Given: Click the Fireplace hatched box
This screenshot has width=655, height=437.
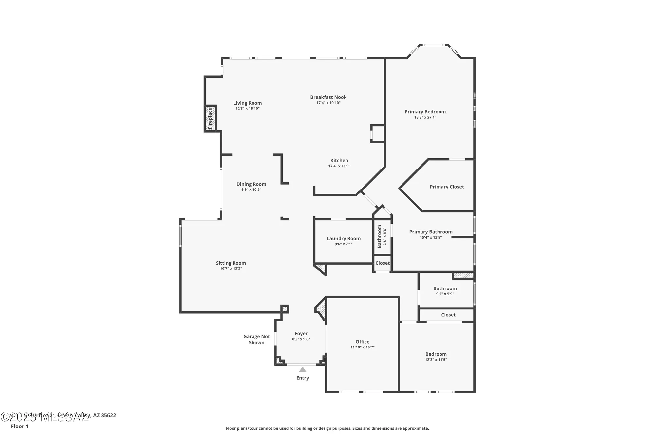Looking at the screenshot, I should coord(210,118).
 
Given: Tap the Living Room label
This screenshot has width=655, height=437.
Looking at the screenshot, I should coord(248,103).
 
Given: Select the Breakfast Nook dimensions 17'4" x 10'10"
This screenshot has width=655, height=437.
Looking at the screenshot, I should coord(328,103).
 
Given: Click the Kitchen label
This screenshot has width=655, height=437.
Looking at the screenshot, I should coord(339,160).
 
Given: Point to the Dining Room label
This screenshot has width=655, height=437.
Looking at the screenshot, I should coord(251,184).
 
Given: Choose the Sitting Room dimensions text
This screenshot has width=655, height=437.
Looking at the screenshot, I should coord(231,268).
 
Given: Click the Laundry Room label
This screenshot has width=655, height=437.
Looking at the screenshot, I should coord(344,238).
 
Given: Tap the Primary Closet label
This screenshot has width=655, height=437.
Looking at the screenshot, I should coord(447,187).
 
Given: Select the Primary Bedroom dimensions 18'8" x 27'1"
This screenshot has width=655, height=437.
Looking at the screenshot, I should coord(425,117).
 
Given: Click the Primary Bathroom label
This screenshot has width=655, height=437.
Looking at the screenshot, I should coord(431,232).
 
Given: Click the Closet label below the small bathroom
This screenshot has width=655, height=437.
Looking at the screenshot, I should coord(383,263).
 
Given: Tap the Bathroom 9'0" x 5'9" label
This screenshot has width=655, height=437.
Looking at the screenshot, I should coord(445,288).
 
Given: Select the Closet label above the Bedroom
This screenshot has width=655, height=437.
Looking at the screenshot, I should coord(448,315).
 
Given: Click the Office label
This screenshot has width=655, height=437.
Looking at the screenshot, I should coord(362,342).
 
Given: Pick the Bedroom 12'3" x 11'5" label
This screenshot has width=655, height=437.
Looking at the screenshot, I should coord(436,354).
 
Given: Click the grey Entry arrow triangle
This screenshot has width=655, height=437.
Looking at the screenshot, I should coord(303,370).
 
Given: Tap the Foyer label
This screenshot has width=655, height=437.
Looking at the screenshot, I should coord(301,334).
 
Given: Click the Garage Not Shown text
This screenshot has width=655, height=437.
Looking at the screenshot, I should coord(256,339).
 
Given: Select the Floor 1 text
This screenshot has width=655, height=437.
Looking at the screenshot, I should coord(20,426).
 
